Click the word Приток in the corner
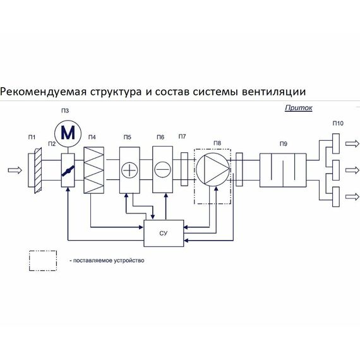pyautogui.click(x=299, y=108)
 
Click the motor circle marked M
pyautogui.click(x=67, y=133)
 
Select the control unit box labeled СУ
pyautogui.click(x=164, y=234)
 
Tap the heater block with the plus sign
pyautogui.click(x=129, y=170)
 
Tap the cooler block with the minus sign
pyautogui.click(x=162, y=170)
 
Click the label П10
pyautogui.click(x=338, y=123)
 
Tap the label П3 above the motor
pyautogui.click(x=65, y=111)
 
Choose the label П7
pyautogui.click(x=183, y=136)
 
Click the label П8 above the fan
pyautogui.click(x=217, y=143)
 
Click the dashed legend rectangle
pyautogui.click(x=42, y=260)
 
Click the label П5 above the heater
pyautogui.click(x=128, y=137)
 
